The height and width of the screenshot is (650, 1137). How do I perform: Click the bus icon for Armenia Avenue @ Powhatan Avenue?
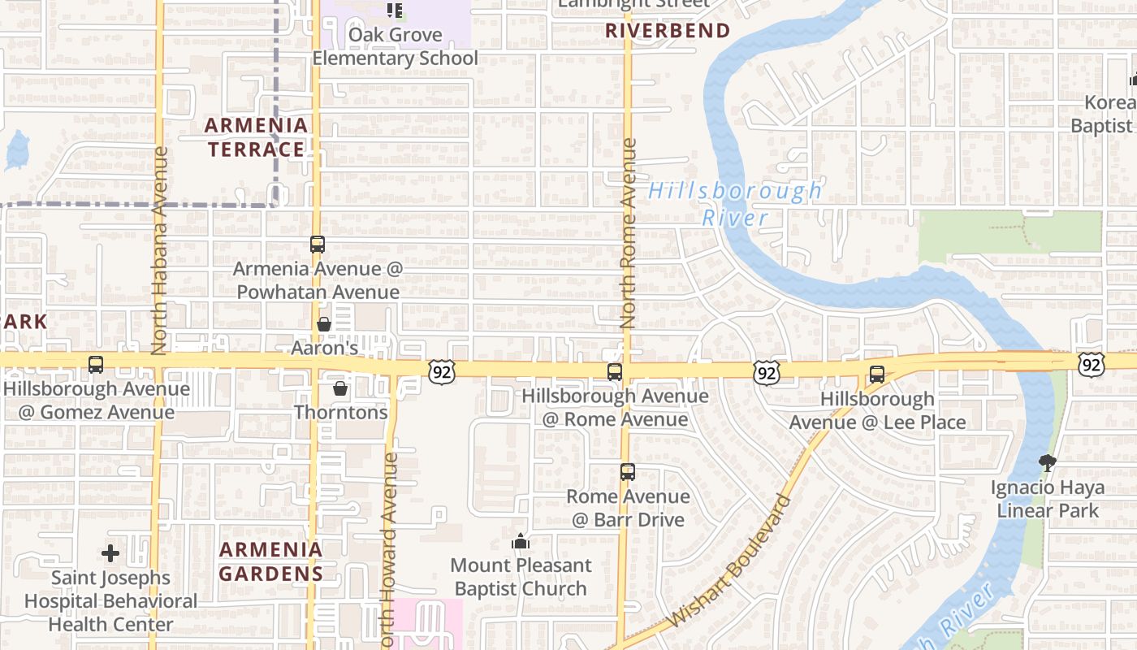click(317, 244)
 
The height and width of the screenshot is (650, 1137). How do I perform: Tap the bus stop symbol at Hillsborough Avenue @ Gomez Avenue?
click(96, 365)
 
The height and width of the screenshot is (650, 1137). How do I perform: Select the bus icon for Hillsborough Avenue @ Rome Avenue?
click(615, 372)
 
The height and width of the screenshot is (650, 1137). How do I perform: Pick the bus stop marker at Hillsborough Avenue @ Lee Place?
click(877, 375)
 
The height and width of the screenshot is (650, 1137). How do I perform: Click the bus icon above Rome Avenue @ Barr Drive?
click(627, 472)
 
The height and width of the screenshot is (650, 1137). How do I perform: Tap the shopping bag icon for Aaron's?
click(324, 324)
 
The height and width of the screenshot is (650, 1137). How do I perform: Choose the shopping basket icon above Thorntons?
click(340, 388)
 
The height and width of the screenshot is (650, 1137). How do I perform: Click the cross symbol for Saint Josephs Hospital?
click(110, 554)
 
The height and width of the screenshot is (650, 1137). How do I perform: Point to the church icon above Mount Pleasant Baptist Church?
click(521, 541)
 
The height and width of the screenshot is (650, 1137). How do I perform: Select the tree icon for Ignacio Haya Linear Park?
click(1048, 463)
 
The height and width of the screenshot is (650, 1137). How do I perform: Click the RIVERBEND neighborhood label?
click(668, 31)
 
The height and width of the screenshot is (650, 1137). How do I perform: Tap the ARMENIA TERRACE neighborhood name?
click(256, 137)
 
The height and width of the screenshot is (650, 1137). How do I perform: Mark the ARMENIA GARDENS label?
click(271, 561)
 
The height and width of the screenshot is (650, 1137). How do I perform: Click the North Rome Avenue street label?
click(628, 233)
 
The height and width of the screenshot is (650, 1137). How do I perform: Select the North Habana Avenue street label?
click(159, 249)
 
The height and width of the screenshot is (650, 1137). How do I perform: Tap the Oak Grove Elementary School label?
click(396, 46)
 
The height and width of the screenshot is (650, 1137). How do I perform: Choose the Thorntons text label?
click(341, 412)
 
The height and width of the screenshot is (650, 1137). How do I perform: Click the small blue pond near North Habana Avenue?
click(16, 150)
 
